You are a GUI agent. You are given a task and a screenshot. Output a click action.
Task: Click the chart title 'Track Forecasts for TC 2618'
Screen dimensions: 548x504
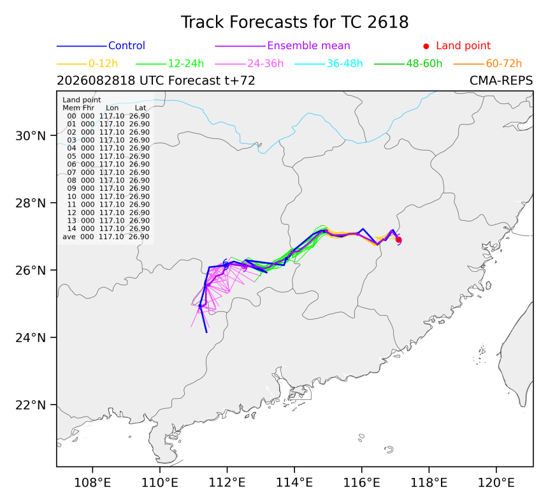pyautogui.click(x=294, y=22)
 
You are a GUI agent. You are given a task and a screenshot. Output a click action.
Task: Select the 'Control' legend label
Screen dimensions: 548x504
pyautogui.click(x=127, y=46)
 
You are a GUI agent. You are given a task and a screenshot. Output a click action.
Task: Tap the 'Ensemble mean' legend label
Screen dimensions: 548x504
pyautogui.click(x=308, y=46)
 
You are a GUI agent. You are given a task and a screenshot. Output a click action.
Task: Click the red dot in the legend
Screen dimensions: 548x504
pyautogui.click(x=426, y=46)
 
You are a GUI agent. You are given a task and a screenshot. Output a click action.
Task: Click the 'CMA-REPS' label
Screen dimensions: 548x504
pyautogui.click(x=501, y=81)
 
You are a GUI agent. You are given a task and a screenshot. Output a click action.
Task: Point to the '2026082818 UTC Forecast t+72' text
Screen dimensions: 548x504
pyautogui.click(x=156, y=81)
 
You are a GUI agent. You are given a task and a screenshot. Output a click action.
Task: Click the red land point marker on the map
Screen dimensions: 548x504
pyautogui.click(x=398, y=240)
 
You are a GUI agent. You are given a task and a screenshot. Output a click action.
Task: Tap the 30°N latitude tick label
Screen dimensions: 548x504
pyautogui.click(x=31, y=136)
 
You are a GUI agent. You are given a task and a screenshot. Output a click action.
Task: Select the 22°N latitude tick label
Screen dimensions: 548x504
pyautogui.click(x=31, y=405)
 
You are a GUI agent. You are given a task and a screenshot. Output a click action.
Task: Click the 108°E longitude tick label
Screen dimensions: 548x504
pyautogui.click(x=92, y=483)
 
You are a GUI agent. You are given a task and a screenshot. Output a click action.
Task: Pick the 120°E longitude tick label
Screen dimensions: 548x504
pyautogui.click(x=496, y=483)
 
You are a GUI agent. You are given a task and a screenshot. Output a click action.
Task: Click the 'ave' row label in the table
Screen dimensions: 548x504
pyautogui.click(x=69, y=237)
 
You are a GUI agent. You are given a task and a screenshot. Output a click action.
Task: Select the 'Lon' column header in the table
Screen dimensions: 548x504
pyautogui.click(x=112, y=108)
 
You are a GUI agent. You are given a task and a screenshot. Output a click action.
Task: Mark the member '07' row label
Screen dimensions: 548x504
pyautogui.click(x=71, y=172)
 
